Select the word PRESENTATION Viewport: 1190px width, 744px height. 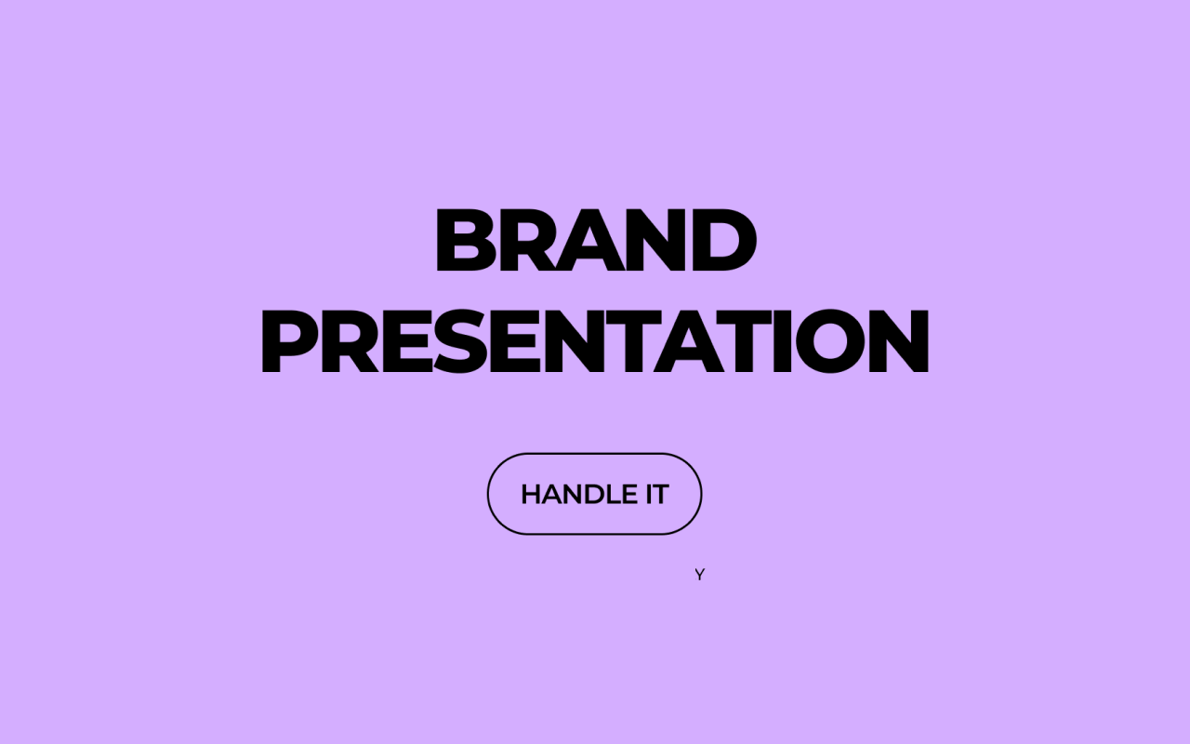tap(595, 341)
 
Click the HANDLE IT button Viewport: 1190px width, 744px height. tap(595, 494)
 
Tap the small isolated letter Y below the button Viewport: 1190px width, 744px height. tap(700, 575)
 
